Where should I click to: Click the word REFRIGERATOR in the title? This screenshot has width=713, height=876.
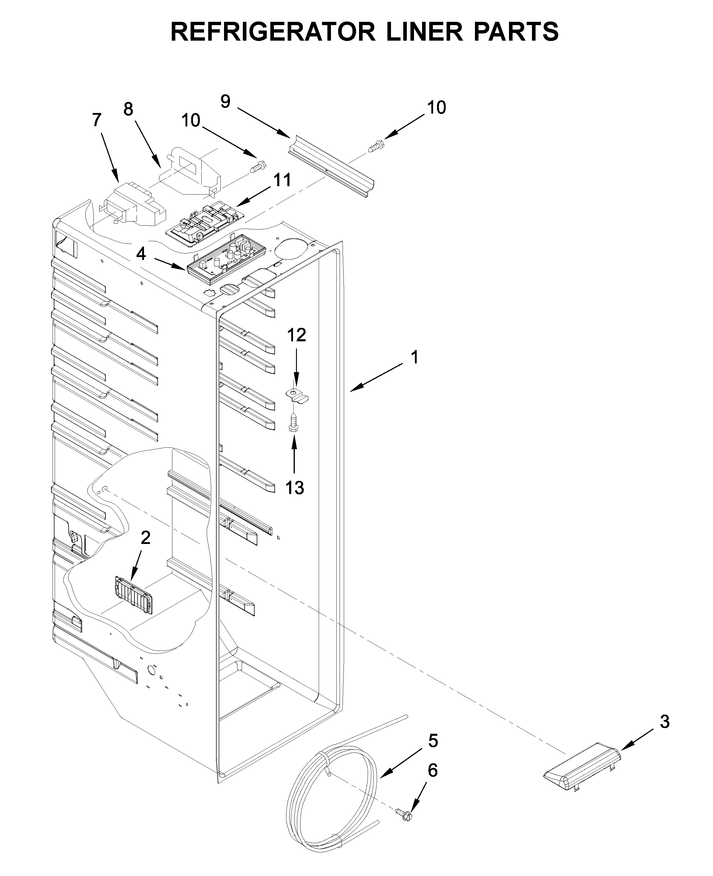tap(272, 32)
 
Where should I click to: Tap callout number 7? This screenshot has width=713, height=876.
tap(96, 120)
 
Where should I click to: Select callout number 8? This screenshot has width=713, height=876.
tap(128, 109)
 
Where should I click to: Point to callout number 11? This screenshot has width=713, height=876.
tap(283, 180)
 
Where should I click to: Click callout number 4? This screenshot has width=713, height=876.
tap(141, 254)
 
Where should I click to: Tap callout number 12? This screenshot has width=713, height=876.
tap(296, 335)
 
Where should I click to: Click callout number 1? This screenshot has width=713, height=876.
tap(415, 357)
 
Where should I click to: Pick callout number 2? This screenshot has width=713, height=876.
tap(145, 537)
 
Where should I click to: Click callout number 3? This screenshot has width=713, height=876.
tap(665, 721)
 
